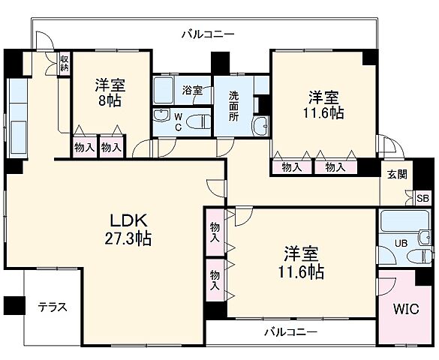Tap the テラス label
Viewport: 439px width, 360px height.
point(53,307)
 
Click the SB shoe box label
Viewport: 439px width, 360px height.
point(422,199)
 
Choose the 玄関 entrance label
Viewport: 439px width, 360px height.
point(397,174)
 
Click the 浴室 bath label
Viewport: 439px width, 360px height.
point(192,90)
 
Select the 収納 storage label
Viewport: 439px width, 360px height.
point(65,63)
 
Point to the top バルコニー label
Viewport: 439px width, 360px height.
point(208,34)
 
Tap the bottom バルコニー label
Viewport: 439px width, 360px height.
point(290,331)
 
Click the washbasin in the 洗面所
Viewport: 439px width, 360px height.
point(260,126)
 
